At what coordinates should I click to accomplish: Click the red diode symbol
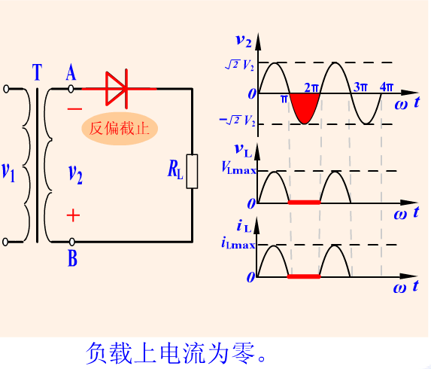[x=117, y=89]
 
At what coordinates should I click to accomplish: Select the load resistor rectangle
[x=192, y=172]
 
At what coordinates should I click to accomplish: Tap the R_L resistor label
[x=175, y=169]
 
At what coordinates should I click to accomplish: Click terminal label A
[x=71, y=72]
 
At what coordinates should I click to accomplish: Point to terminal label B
[x=72, y=258]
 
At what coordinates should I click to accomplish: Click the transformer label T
[x=37, y=72]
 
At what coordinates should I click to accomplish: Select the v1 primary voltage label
[x=8, y=172]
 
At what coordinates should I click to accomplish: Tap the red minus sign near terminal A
[x=74, y=109]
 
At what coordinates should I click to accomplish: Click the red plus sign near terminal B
[x=74, y=215]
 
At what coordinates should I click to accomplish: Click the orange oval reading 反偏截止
[x=120, y=129]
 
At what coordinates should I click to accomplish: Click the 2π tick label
[x=311, y=87]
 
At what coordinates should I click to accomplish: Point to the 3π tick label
[x=360, y=87]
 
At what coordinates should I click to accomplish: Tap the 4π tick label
[x=387, y=87]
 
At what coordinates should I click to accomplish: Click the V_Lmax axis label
[x=238, y=167]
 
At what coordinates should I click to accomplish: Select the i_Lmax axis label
[x=238, y=242]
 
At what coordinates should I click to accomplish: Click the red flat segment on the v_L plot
[x=305, y=203]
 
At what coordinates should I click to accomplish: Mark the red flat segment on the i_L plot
[x=304, y=276]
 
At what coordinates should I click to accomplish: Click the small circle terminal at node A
[x=71, y=89]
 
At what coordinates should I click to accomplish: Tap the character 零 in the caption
[x=243, y=354]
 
